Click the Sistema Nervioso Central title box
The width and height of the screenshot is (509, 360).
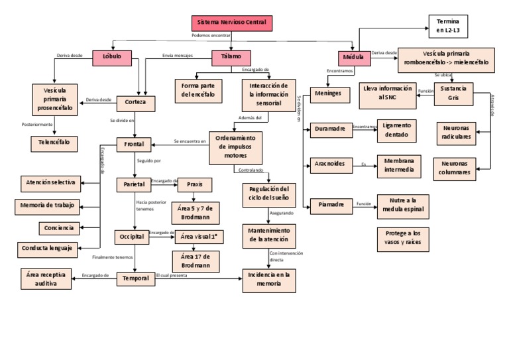pyautogui.click(x=231, y=23)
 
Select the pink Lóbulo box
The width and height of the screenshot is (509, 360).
pyautogui.click(x=112, y=58)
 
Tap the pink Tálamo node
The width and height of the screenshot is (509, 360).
pyautogui.click(x=231, y=58)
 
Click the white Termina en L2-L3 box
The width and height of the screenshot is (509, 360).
pyautogui.click(x=447, y=26)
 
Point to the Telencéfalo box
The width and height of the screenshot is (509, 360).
pyautogui.click(x=54, y=142)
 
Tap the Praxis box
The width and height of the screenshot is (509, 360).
pyautogui.click(x=195, y=185)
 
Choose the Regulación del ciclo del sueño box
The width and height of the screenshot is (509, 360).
pyautogui.click(x=268, y=193)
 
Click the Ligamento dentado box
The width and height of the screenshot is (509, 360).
pyautogui.click(x=397, y=130)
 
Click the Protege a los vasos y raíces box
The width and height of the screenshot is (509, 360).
pyautogui.click(x=402, y=237)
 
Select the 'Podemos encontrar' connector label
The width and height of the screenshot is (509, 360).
pyautogui.click(x=211, y=35)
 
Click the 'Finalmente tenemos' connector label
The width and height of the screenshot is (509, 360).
pyautogui.click(x=113, y=257)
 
